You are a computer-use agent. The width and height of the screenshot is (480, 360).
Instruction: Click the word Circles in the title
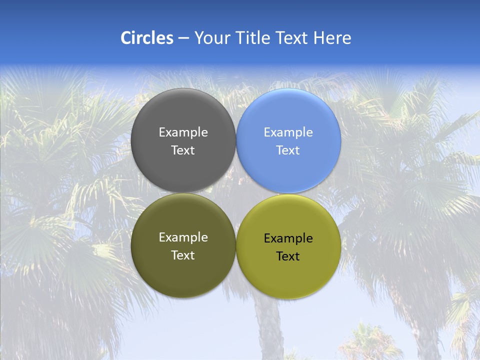(146, 38)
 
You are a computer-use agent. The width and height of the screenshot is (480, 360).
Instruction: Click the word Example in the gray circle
(183, 132)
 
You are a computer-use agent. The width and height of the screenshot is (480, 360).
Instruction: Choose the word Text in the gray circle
(183, 150)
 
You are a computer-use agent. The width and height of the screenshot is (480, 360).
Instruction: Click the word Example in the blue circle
(288, 132)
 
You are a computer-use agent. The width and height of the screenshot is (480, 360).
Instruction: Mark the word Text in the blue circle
(288, 150)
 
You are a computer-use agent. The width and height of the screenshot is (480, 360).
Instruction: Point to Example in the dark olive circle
(183, 237)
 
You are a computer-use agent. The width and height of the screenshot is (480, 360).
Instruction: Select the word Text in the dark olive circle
(183, 255)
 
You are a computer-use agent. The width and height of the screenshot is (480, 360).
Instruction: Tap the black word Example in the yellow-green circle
(288, 238)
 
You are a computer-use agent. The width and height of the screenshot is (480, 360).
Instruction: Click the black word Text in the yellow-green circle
(288, 256)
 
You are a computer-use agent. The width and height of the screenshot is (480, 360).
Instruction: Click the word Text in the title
(292, 38)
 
